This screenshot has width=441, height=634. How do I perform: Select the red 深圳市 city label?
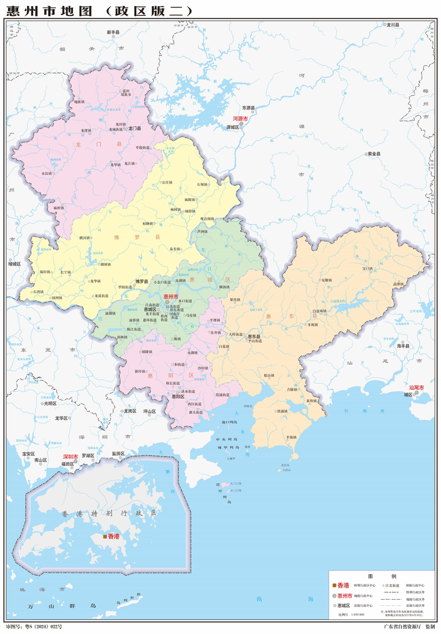[x=70, y=457]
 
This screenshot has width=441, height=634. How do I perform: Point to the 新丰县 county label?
[x=114, y=32]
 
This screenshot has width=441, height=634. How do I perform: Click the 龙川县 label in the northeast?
[x=393, y=24]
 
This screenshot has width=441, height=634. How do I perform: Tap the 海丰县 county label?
[x=402, y=346]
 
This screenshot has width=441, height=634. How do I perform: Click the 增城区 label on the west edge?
[x=14, y=264]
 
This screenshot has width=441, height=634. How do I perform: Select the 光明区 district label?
[x=49, y=404]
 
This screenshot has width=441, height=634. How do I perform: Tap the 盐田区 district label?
[x=118, y=453]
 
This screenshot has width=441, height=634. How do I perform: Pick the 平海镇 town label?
[x=291, y=437]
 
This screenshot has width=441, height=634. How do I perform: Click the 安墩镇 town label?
[x=326, y=280]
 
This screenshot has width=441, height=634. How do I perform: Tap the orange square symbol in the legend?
[x=334, y=586]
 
